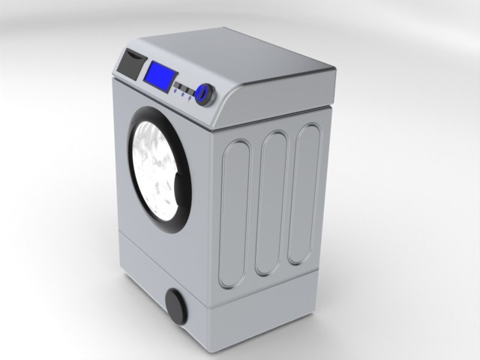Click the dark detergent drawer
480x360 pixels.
tap(130, 66)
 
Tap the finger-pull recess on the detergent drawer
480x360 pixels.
tap(134, 55)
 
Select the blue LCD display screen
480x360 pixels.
tap(160, 76)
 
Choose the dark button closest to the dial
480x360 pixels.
tap(190, 91)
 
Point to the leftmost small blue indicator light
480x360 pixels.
tap(175, 91)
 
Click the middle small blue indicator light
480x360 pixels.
tap(182, 94)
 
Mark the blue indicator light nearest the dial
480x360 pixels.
tap(190, 98)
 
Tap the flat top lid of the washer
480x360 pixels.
tap(247, 56)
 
